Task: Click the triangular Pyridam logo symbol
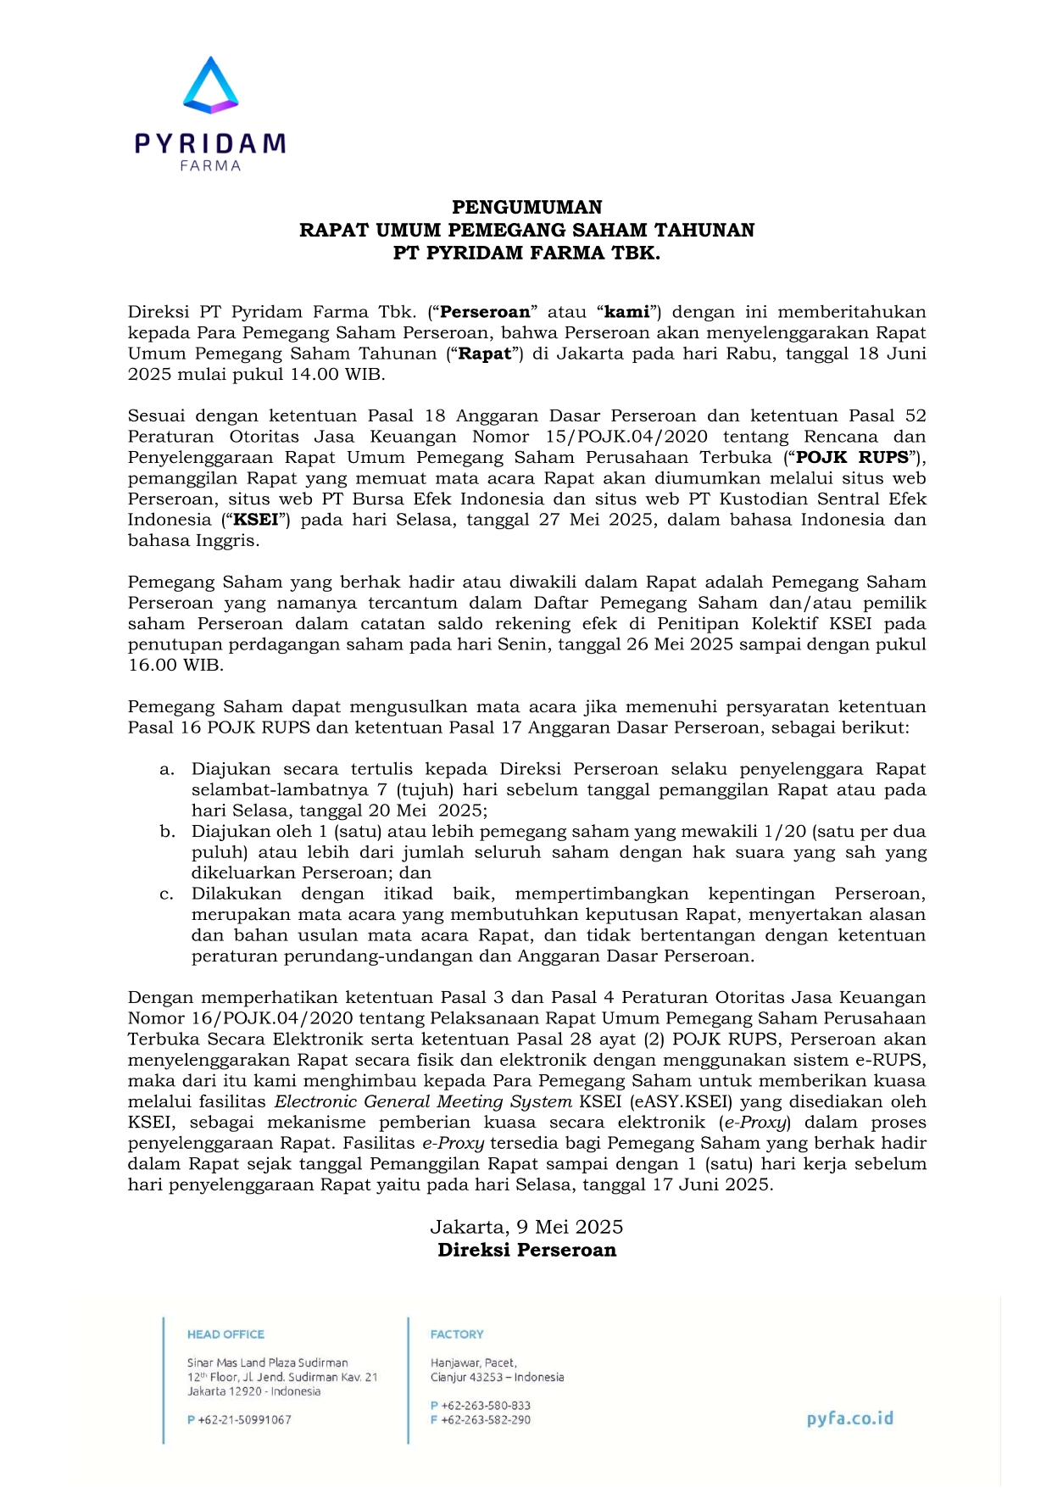pyautogui.click(x=210, y=86)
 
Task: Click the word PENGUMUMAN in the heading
pyautogui.click(x=526, y=208)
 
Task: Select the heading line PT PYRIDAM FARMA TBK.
pyautogui.click(x=526, y=253)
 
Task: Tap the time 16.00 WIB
pyautogui.click(x=175, y=666)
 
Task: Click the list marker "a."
pyautogui.click(x=167, y=770)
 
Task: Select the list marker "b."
pyautogui.click(x=167, y=832)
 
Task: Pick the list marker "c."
pyautogui.click(x=167, y=894)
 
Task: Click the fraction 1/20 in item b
pyautogui.click(x=783, y=832)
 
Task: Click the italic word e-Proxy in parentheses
pyautogui.click(x=754, y=1123)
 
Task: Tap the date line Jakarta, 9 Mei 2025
pyautogui.click(x=526, y=1227)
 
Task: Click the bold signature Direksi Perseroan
pyautogui.click(x=526, y=1250)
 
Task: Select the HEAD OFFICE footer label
pyautogui.click(x=225, y=1335)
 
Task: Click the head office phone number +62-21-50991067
pyautogui.click(x=244, y=1419)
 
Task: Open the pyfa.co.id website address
pyautogui.click(x=849, y=1418)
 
